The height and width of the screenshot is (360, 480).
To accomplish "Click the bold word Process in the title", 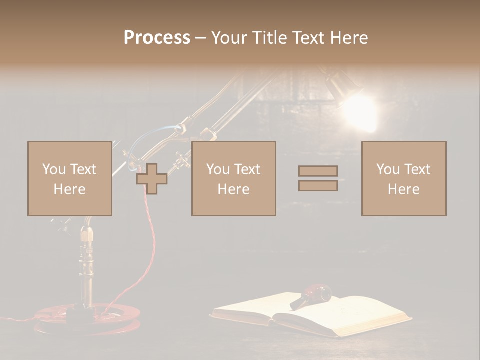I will point(157,38).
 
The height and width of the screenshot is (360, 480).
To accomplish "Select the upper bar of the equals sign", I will point(318,171).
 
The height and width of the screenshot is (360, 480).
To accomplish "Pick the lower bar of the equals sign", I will point(318,186).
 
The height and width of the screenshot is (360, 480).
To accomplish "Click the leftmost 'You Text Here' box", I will point(69,178).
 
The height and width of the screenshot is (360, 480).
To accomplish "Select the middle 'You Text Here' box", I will point(233,178).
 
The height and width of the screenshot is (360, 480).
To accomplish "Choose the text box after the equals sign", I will point(403,178).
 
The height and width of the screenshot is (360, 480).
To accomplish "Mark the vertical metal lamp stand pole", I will point(86,265).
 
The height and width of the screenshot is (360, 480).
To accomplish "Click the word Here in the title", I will point(349,38).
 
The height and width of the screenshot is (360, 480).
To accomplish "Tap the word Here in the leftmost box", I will point(69,189).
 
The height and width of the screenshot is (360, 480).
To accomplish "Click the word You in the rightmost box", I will point(388,169).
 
